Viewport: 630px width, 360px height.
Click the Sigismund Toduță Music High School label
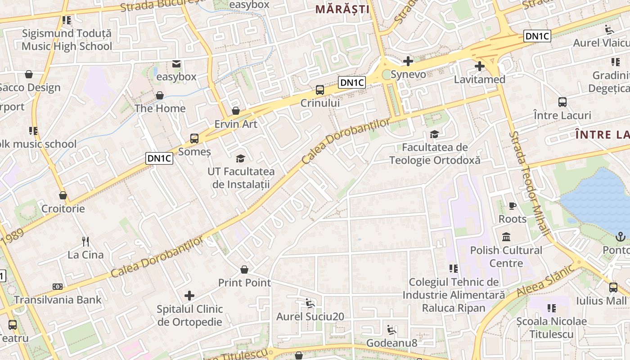click(x=67, y=40)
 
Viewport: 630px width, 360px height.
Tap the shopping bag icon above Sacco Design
click(x=29, y=74)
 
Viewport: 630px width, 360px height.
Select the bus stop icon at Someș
click(x=194, y=139)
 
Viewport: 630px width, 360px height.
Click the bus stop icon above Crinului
click(x=320, y=90)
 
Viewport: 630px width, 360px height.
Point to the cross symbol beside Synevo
click(x=408, y=61)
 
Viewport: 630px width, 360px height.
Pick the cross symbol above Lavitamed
click(x=480, y=67)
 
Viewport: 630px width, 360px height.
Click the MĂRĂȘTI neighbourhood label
click(x=342, y=9)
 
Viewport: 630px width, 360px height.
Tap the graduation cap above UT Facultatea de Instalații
click(x=241, y=158)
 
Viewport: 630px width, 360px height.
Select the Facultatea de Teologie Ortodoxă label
click(x=435, y=153)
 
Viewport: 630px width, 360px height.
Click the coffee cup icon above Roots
click(x=512, y=206)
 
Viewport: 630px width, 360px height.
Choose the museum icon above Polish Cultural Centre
click(x=506, y=237)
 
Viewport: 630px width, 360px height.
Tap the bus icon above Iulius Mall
click(x=613, y=287)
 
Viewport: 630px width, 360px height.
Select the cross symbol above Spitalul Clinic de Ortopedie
click(x=189, y=296)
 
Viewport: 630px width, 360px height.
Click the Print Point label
click(x=244, y=283)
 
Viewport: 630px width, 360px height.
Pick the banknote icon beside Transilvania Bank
click(x=58, y=287)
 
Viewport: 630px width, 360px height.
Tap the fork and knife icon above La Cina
click(x=85, y=241)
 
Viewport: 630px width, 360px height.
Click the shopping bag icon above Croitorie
click(x=63, y=195)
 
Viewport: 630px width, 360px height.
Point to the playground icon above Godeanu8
click(x=391, y=330)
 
